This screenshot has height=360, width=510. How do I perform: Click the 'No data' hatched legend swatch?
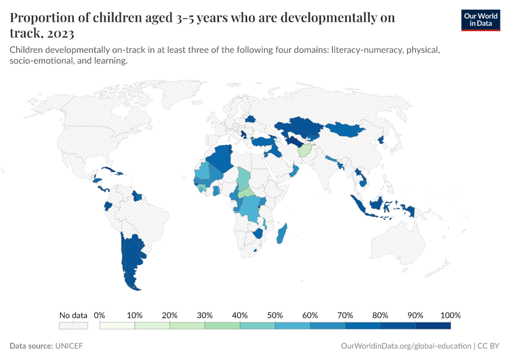tap(73, 326)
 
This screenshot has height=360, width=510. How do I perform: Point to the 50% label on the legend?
tap(275, 315)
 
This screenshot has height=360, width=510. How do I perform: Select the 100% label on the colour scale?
tap(450, 315)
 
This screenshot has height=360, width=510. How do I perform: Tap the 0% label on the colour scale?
tap(100, 315)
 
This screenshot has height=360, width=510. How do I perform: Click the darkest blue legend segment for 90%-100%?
tap(433, 326)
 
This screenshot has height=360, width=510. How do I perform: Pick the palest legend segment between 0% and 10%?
tap(117, 326)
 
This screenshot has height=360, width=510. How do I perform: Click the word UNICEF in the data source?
tap(71, 346)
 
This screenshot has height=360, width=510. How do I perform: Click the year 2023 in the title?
tap(64, 32)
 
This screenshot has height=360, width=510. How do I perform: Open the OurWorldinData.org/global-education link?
tap(406, 346)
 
